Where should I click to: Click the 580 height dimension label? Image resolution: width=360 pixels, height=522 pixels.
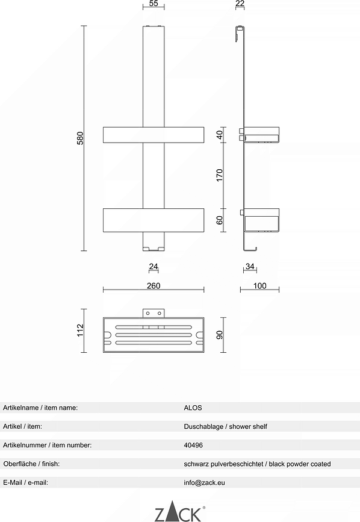tap(80, 138)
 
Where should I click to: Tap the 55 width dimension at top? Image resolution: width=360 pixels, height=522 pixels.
tap(154, 4)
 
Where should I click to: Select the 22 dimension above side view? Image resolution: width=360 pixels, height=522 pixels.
tap(240, 4)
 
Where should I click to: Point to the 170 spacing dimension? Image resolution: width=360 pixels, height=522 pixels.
tap(220, 175)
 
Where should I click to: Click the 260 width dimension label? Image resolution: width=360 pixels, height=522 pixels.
tap(154, 285)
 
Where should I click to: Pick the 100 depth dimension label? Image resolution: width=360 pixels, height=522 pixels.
tap(260, 285)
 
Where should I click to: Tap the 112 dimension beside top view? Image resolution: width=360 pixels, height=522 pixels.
tap(80, 331)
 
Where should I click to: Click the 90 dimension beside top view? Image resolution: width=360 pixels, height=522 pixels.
tap(220, 335)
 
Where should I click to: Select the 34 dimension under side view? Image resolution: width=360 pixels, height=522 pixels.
tap(250, 266)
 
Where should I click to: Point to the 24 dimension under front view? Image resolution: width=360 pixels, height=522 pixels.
tap(154, 266)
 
